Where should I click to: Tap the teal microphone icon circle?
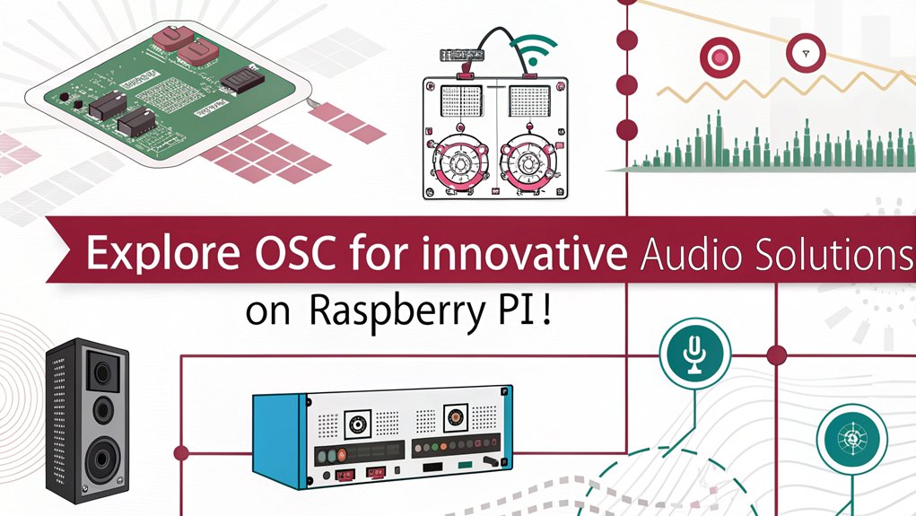[694, 353]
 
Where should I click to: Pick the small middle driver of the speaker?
[103, 409]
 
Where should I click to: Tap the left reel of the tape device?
[459, 163]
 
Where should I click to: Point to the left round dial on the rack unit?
[357, 424]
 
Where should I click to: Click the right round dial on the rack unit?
[456, 417]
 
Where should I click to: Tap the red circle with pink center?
[720, 57]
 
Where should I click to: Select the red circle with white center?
[806, 53]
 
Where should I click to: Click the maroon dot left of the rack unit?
[181, 453]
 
